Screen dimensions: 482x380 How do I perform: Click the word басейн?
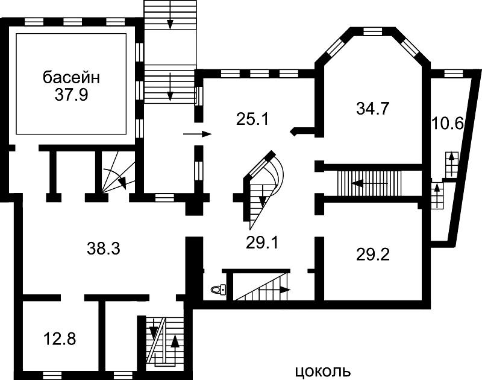[x=71, y=78]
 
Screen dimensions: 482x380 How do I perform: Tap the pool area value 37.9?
[x=71, y=95]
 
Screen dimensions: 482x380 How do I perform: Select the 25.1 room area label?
[x=252, y=119]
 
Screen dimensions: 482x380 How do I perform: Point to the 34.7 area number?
[x=373, y=109]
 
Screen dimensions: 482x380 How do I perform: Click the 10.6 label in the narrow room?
[x=447, y=124]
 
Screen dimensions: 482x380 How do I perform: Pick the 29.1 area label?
[x=261, y=242]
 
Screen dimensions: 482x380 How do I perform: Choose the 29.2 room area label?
[x=373, y=255]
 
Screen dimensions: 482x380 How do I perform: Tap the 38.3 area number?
[x=103, y=249]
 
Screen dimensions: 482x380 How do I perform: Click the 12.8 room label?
[x=60, y=339]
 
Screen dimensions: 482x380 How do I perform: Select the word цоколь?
[x=323, y=372]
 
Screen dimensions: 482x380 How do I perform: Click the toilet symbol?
[x=219, y=290]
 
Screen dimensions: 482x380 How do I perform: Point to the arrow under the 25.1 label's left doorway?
[x=198, y=134]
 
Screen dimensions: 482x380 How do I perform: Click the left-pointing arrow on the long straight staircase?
[x=370, y=183]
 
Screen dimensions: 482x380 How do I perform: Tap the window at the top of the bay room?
[x=372, y=31]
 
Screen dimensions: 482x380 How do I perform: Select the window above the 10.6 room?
[x=454, y=74]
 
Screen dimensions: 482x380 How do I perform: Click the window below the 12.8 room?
[x=52, y=375]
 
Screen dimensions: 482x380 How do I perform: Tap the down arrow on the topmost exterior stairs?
[x=170, y=19]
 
